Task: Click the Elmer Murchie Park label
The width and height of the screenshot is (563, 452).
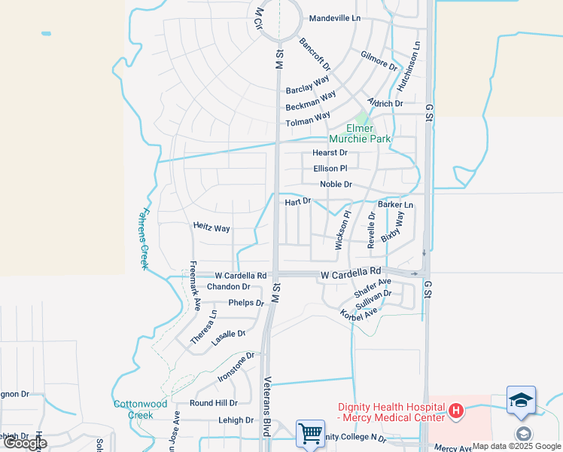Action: pyautogui.click(x=360, y=133)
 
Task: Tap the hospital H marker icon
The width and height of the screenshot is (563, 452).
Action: pyautogui.click(x=455, y=411)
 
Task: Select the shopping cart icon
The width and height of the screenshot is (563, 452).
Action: pyautogui.click(x=309, y=433)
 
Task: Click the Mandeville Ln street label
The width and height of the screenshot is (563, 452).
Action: pyautogui.click(x=335, y=17)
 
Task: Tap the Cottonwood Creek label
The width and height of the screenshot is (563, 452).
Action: pyautogui.click(x=140, y=409)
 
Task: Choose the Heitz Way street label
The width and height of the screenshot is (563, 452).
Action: pyautogui.click(x=212, y=227)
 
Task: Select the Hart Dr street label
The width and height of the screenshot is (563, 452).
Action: pyautogui.click(x=298, y=201)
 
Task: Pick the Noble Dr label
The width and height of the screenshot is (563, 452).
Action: pyautogui.click(x=336, y=184)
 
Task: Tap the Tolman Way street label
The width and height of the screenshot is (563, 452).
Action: pyautogui.click(x=308, y=120)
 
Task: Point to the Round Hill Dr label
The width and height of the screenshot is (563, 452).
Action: pyautogui.click(x=214, y=403)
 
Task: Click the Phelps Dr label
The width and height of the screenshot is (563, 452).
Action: pyautogui.click(x=247, y=303)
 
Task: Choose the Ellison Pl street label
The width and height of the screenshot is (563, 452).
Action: pyautogui.click(x=330, y=169)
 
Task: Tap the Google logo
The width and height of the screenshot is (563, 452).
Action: pyautogui.click(x=25, y=443)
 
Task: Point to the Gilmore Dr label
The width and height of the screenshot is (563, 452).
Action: pyautogui.click(x=379, y=62)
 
